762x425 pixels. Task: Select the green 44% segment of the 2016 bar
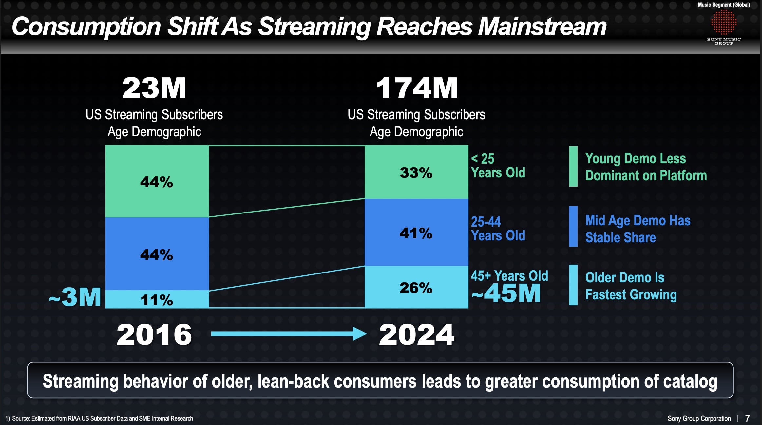click(x=157, y=181)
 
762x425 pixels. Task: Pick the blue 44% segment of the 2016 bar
click(x=157, y=254)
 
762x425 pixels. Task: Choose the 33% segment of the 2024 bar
click(x=416, y=172)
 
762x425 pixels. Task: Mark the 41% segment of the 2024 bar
click(x=416, y=233)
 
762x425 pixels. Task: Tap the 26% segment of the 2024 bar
click(x=416, y=288)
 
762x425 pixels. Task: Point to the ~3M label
click(x=75, y=297)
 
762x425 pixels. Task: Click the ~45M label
click(x=506, y=293)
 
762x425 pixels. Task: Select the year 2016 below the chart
click(x=154, y=334)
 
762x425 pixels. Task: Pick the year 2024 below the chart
click(x=416, y=334)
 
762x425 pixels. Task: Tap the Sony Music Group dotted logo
click(x=724, y=22)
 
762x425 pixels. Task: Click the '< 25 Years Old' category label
click(x=498, y=166)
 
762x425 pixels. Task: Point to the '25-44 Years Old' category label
click(x=498, y=229)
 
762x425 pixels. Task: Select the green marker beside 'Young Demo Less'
click(x=573, y=166)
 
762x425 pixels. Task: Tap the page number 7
click(x=747, y=418)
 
